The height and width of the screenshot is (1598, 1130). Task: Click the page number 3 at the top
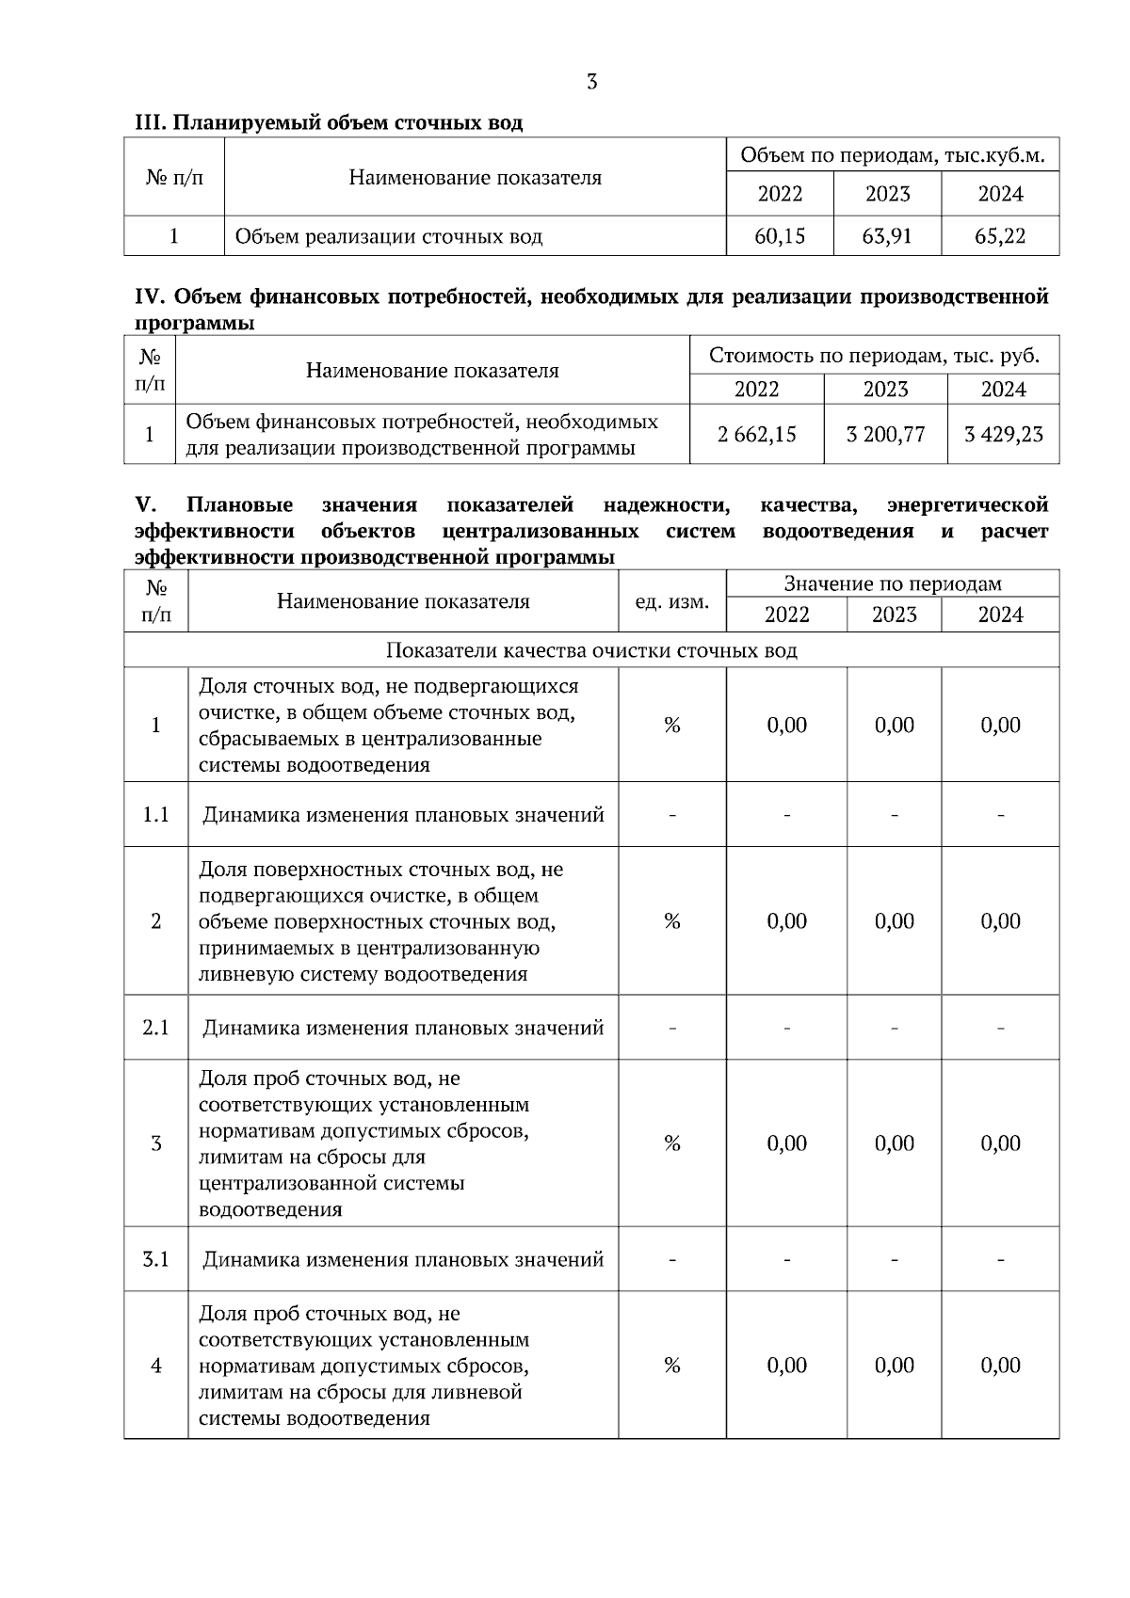[591, 82]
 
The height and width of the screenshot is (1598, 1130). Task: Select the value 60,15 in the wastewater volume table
[780, 236]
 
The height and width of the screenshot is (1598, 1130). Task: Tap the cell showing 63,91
[887, 236]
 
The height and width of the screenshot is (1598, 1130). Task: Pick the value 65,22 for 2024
[1000, 236]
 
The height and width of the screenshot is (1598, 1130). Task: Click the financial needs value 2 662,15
[756, 435]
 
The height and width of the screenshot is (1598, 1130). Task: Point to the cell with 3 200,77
[885, 435]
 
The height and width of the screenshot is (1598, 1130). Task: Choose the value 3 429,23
[1004, 435]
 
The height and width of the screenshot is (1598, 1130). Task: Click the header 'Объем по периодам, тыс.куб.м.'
[893, 155]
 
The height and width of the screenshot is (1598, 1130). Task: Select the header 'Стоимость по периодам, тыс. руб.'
[874, 356]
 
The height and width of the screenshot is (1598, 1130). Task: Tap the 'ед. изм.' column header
[671, 601]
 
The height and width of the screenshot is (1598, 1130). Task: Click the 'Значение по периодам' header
[893, 584]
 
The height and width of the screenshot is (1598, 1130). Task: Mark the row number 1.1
[155, 815]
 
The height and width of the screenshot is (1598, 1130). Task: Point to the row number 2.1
[155, 1028]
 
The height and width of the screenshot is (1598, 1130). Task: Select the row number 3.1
[155, 1259]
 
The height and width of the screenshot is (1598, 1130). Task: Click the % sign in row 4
[671, 1366]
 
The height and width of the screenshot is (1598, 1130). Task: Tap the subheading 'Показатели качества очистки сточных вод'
[591, 651]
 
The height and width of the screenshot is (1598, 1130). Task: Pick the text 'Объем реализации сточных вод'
[388, 236]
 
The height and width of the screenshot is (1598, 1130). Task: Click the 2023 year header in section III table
[887, 195]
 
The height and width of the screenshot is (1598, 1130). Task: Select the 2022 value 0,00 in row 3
[786, 1143]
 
